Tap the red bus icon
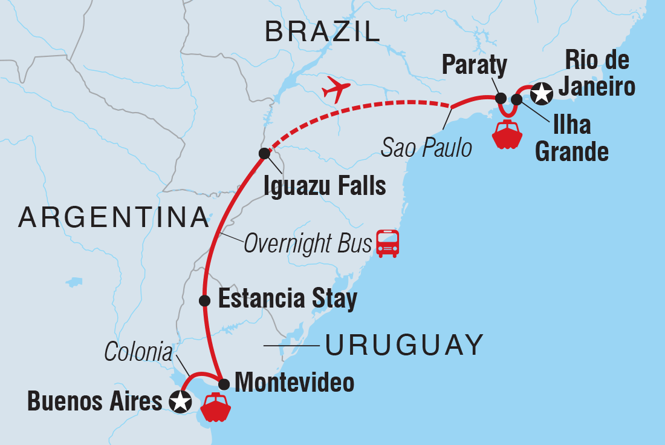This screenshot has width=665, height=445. (388, 243)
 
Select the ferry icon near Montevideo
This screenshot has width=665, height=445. (216, 407)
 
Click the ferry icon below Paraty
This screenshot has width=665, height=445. (507, 134)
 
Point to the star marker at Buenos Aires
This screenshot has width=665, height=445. (180, 401)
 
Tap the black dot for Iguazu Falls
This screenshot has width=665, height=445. (264, 153)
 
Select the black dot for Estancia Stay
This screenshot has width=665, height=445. (205, 300)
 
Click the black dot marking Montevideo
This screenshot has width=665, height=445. (223, 384)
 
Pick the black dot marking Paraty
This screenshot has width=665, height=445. (501, 98)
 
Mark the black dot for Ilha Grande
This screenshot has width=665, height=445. (516, 99)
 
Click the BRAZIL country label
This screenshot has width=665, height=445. (322, 31)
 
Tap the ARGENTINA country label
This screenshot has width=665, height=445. (114, 217)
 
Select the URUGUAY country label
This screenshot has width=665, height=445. (404, 345)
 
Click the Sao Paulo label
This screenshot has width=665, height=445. (426, 147)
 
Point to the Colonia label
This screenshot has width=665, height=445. (138, 352)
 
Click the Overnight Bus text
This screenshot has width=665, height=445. (307, 244)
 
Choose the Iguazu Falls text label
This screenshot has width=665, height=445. (325, 185)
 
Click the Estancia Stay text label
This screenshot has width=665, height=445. (287, 299)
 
